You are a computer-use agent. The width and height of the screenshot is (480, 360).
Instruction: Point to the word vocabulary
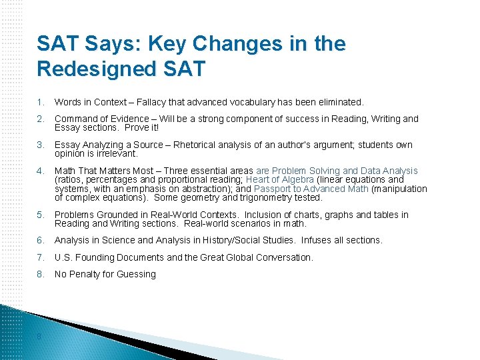(x=247, y=102)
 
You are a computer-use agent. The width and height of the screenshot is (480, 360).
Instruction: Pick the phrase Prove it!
(x=141, y=127)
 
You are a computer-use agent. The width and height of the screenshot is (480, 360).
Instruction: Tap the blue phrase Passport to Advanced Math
(x=311, y=189)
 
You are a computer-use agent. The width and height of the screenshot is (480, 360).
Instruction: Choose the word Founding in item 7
(x=95, y=257)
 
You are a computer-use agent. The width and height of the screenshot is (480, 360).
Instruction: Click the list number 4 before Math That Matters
(x=41, y=171)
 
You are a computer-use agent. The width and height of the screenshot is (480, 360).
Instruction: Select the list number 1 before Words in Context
(x=41, y=102)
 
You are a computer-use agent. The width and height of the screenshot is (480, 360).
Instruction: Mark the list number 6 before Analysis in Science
(x=41, y=240)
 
